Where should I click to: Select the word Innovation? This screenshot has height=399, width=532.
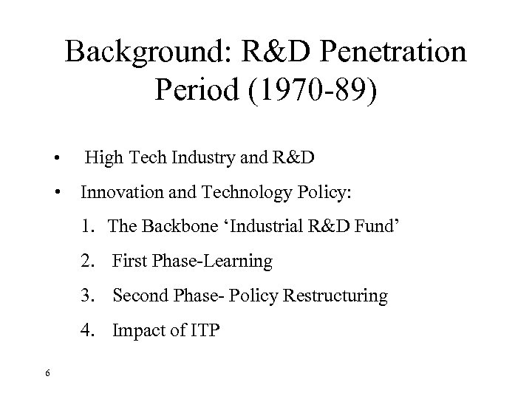tap(121, 193)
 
